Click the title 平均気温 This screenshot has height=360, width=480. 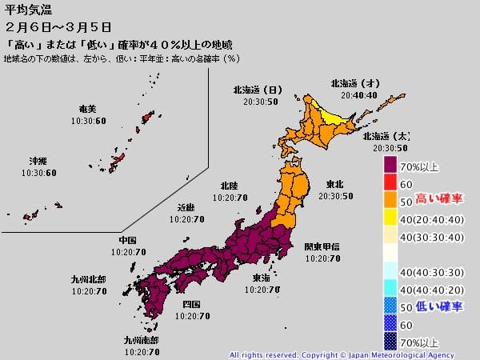tap(23, 10)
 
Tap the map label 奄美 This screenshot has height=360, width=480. tap(88, 110)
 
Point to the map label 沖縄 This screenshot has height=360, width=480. tap(38, 161)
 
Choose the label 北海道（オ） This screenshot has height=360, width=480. tap(355, 83)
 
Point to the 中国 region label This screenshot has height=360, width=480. tap(127, 240)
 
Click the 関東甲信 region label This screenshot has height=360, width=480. tap(322, 247)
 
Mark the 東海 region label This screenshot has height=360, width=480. tap(261, 278)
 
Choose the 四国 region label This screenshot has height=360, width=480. tap(191, 305)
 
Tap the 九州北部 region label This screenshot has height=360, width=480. tap(89, 280)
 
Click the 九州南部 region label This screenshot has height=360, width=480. tap(141, 340)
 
